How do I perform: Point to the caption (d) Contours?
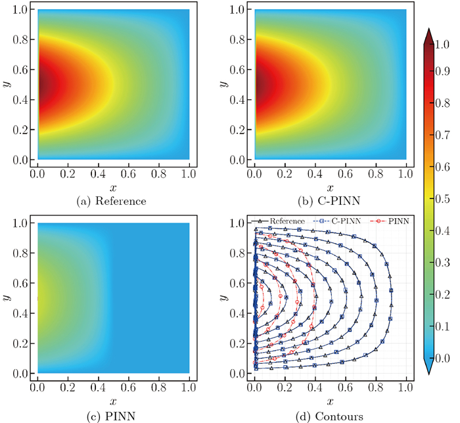pyautogui.click(x=330, y=415)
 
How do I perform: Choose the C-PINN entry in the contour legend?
pyautogui.click(x=340, y=221)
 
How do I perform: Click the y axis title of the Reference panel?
pyautogui.click(x=7, y=84)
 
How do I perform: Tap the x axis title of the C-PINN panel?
pyautogui.click(x=330, y=187)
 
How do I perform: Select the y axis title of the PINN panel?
pyautogui.click(x=7, y=298)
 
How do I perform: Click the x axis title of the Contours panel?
pyautogui.click(x=330, y=401)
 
